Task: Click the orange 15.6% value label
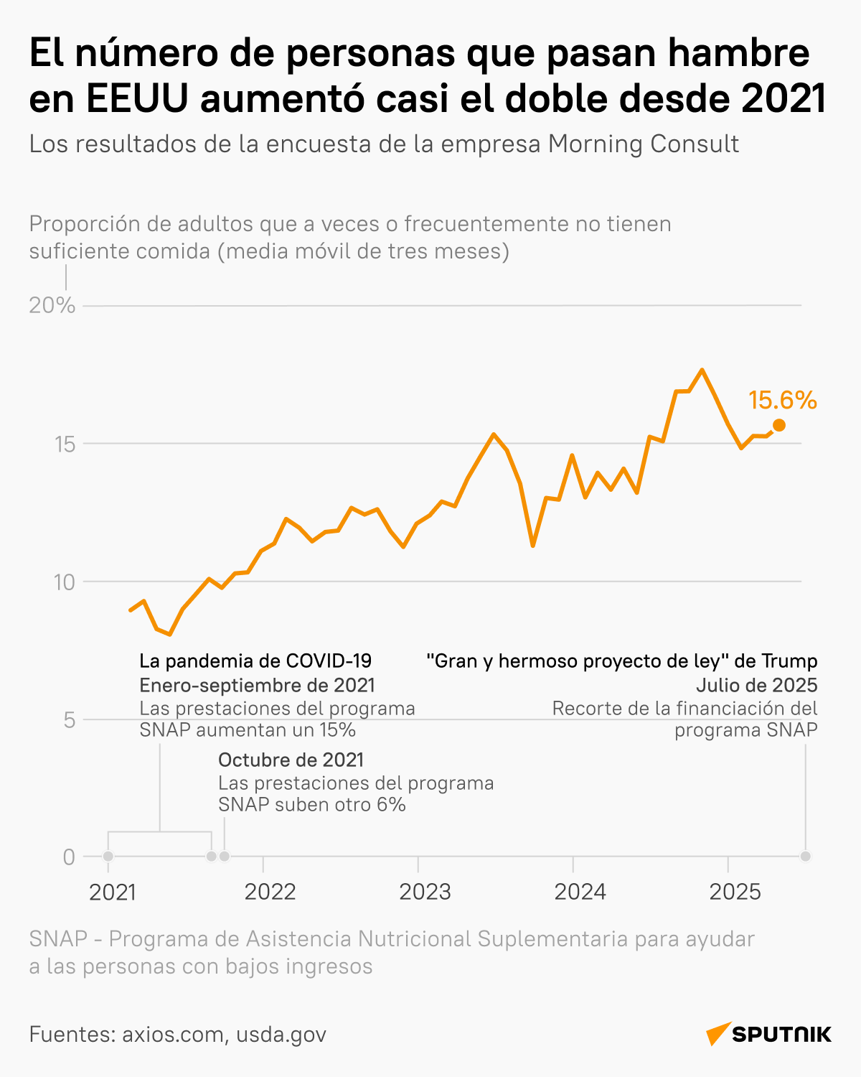click(x=782, y=401)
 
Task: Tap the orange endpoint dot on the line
click(x=778, y=425)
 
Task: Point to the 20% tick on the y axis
click(x=52, y=306)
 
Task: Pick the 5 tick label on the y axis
click(x=69, y=719)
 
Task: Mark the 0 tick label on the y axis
click(x=69, y=857)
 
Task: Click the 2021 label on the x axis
click(x=113, y=892)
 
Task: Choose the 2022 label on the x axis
click(x=270, y=892)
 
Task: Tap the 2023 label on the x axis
click(x=425, y=892)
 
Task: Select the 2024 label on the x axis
click(x=580, y=892)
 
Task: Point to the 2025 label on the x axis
click(x=735, y=892)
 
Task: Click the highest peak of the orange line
click(x=702, y=370)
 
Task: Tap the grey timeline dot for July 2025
click(x=806, y=856)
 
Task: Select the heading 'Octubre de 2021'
click(x=291, y=760)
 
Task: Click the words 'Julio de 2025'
click(x=756, y=684)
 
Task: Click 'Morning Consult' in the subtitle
click(x=643, y=144)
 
